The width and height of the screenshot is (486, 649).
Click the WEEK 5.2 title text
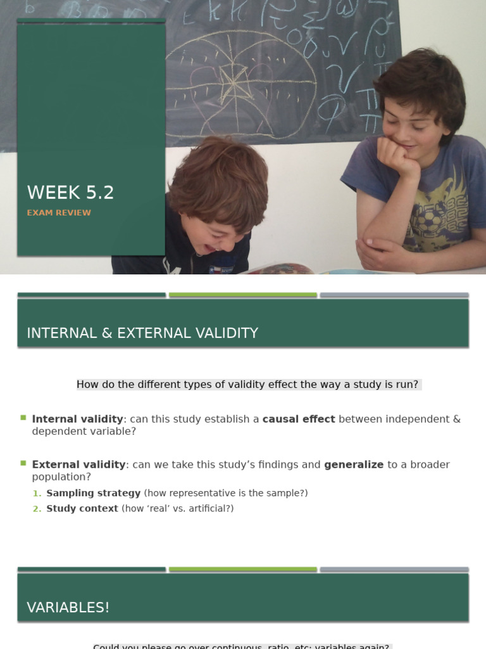coord(70,193)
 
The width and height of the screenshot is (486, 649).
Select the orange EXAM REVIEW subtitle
coord(59,213)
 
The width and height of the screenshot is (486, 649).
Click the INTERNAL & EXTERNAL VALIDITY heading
coord(142,333)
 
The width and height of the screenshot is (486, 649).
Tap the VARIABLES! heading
coord(68,607)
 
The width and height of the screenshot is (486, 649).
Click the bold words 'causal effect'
coord(299,419)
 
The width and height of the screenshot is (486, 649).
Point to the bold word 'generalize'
coord(354,465)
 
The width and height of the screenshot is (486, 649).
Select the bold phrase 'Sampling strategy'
coord(94,493)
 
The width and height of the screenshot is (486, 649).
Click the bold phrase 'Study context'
coord(82,508)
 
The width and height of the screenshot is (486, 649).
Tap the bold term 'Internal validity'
coord(77,419)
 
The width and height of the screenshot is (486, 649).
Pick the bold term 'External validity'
coord(78,465)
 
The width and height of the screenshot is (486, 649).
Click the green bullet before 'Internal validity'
coord(23,418)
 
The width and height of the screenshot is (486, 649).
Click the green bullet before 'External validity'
coord(23,463)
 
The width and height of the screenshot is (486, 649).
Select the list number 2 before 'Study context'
coord(37,509)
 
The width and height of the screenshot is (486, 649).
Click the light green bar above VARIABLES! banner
coord(243,569)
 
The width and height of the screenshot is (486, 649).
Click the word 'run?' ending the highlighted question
coord(406,385)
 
